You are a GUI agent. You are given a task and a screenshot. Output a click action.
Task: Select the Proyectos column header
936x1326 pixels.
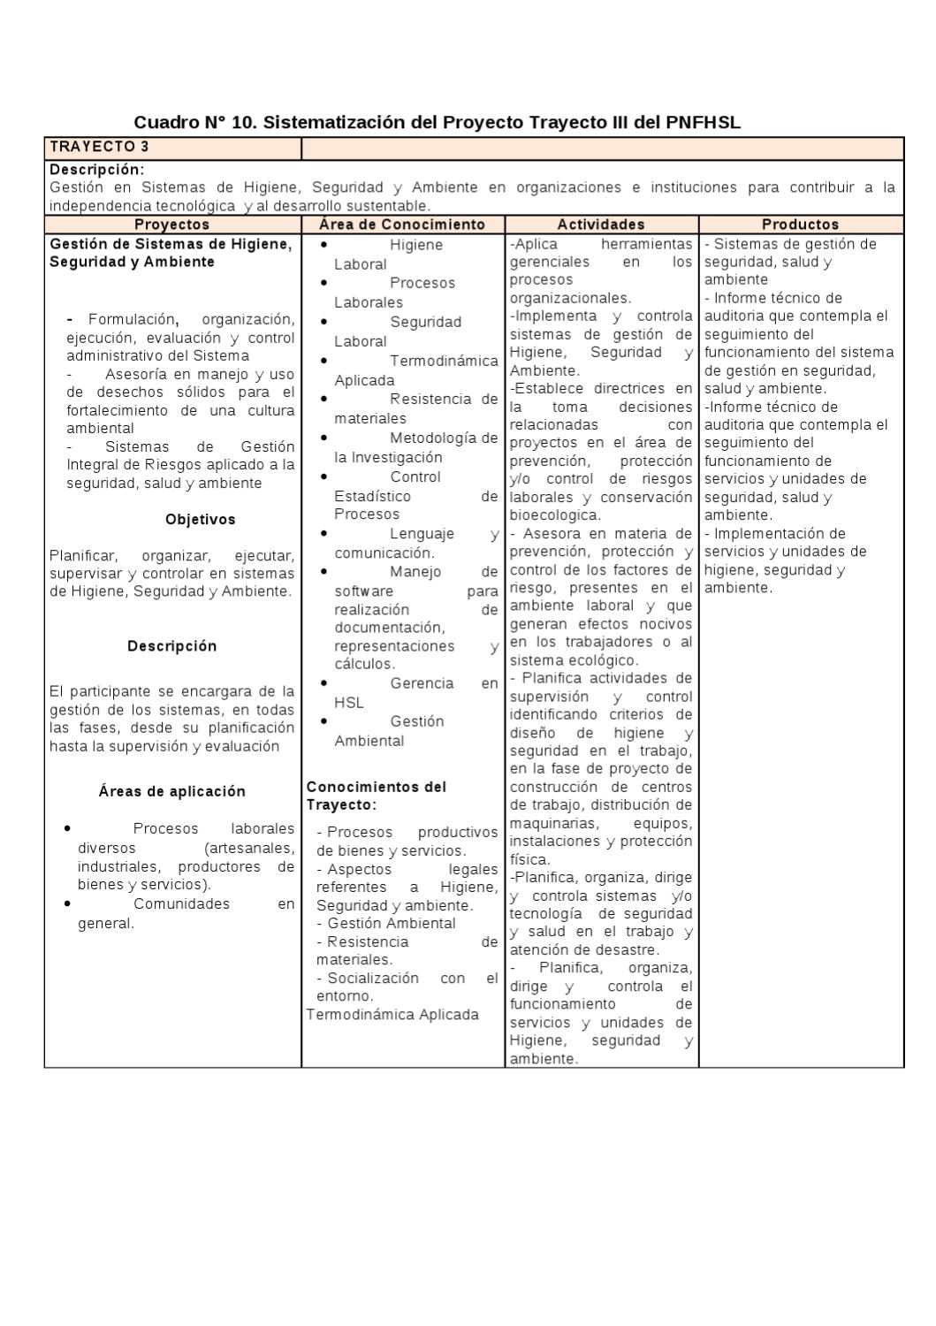pos(171,225)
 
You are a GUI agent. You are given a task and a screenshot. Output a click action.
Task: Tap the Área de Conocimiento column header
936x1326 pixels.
pos(402,225)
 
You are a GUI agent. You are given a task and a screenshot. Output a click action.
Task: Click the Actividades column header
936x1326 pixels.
pos(601,225)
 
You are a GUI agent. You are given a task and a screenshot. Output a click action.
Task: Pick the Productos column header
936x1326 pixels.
pos(800,225)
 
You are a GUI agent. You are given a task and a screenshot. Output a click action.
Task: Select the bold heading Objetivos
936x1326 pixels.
pos(200,520)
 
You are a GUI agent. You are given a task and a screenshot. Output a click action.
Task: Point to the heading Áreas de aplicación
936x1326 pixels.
pos(171,791)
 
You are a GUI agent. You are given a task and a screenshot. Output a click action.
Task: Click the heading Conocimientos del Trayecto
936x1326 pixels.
pos(376,795)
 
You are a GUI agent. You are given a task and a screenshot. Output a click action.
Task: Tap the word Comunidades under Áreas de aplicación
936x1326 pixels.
pos(181,903)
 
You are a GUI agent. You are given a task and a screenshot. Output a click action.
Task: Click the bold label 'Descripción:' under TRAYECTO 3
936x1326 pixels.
pos(96,169)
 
